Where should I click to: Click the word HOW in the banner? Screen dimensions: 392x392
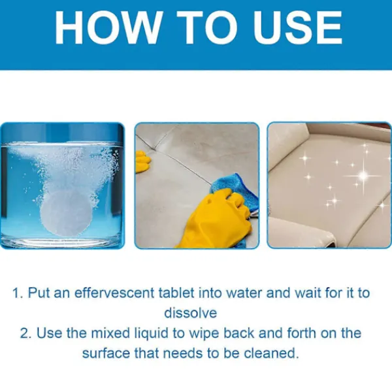click(x=107, y=27)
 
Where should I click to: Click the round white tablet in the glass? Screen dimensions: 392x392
click(x=65, y=212)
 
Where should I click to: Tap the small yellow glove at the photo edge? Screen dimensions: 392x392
click(x=142, y=161)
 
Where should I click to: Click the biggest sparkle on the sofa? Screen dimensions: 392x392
click(x=364, y=176)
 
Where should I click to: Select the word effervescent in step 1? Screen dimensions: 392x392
click(x=114, y=293)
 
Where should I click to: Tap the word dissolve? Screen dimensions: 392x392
click(x=191, y=313)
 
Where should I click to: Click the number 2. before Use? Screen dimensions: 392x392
click(x=25, y=333)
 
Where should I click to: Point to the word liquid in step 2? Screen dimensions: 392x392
click(x=154, y=334)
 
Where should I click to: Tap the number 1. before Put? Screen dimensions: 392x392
click(x=18, y=293)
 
